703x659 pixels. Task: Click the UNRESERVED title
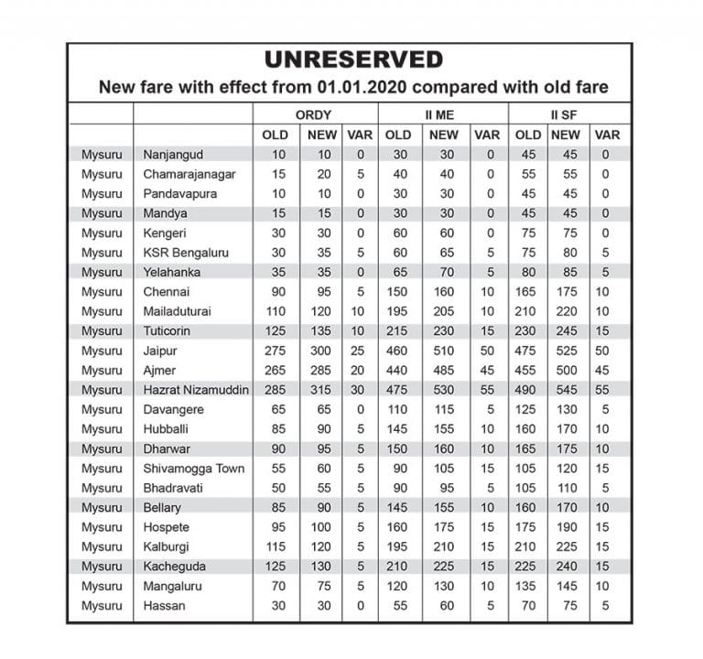click(352, 60)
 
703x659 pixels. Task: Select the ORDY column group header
click(313, 114)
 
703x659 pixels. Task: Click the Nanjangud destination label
click(172, 155)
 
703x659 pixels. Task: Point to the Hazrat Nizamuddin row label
click(195, 390)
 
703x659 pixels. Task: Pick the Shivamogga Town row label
click(193, 469)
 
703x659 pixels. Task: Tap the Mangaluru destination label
click(172, 587)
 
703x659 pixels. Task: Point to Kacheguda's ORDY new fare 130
click(322, 567)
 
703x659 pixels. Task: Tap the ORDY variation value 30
click(360, 390)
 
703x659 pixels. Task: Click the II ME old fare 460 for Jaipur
click(397, 351)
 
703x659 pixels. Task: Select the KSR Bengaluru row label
click(186, 253)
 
